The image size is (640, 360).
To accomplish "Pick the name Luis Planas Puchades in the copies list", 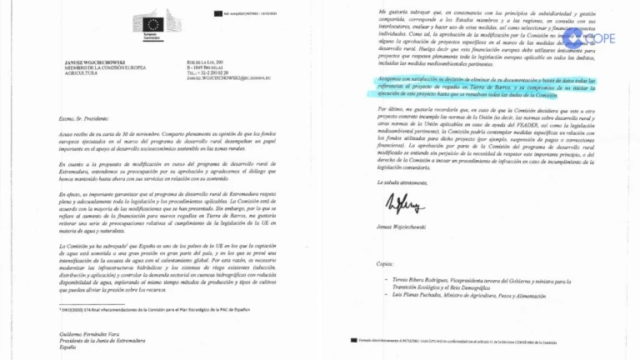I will [x=427, y=298].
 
